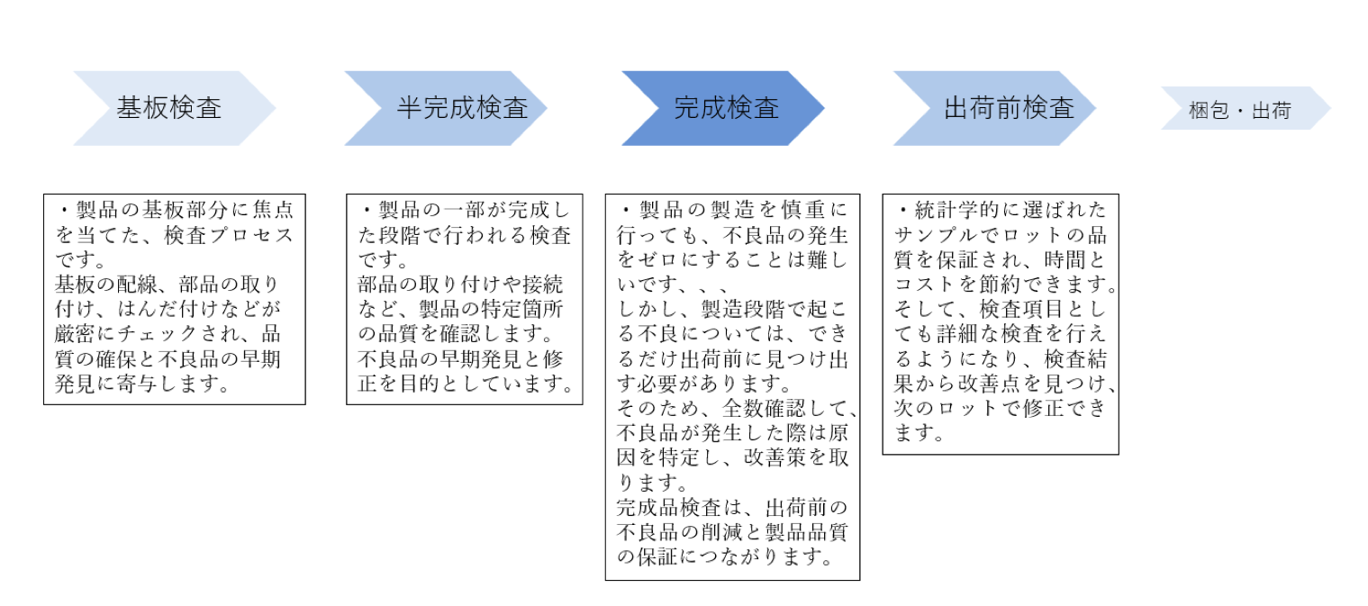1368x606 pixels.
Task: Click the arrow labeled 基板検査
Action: [x=174, y=108]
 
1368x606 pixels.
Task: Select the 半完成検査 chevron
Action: [x=446, y=108]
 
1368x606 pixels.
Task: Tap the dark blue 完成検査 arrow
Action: [x=723, y=108]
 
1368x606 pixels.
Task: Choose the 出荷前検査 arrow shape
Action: [x=995, y=108]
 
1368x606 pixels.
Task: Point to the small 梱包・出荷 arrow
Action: [x=1246, y=108]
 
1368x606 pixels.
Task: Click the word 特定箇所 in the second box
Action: [x=521, y=309]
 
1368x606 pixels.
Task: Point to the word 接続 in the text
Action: [x=542, y=285]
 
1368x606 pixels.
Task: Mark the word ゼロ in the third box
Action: [x=657, y=260]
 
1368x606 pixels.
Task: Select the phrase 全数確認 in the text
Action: [x=764, y=408]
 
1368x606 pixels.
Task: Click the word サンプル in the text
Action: [x=935, y=235]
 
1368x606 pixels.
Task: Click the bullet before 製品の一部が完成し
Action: [x=367, y=211]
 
